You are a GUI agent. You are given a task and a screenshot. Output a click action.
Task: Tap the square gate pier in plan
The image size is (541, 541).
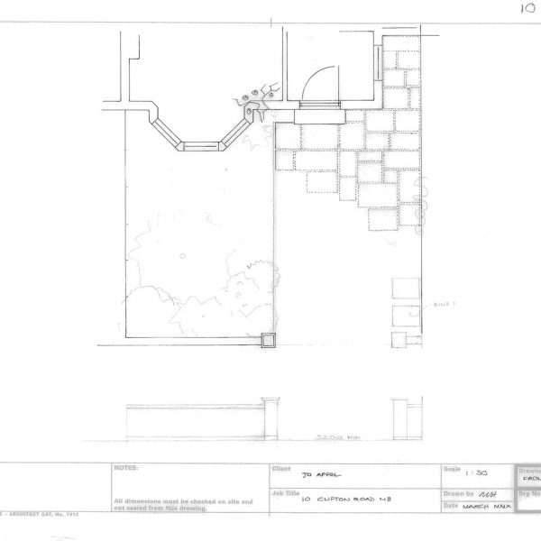268,340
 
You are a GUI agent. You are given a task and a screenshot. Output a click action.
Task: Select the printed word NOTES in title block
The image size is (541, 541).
125,469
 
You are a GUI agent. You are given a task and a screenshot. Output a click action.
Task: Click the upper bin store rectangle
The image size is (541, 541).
406,290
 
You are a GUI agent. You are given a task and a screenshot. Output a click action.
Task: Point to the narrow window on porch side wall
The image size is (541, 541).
377,60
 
